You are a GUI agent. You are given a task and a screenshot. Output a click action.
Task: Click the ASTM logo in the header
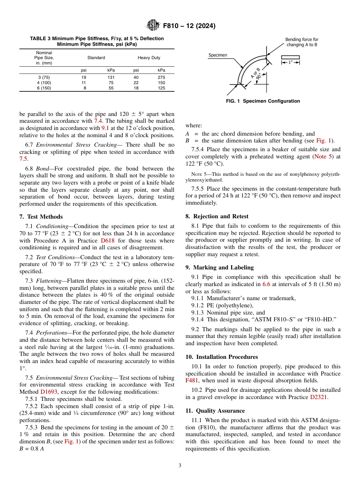[153, 26]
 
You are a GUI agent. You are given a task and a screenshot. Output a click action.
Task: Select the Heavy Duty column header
[149, 58]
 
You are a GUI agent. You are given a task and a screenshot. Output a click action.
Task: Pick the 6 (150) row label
[44, 88]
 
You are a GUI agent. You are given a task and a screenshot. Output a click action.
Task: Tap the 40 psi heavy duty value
[136, 77]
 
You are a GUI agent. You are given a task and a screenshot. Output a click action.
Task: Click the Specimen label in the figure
[218, 55]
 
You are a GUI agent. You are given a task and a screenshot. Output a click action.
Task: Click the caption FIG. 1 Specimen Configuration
[263, 101]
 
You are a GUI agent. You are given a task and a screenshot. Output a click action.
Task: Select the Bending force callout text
[302, 42]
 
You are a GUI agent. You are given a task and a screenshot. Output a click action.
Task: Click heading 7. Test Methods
[41, 217]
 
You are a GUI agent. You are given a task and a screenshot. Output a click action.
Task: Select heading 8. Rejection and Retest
[217, 216]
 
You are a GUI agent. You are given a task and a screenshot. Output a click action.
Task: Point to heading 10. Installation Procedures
[221, 357]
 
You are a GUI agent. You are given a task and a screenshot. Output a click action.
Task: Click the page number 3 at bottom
[180, 466]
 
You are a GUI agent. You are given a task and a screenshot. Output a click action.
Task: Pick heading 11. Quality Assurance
[215, 411]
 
